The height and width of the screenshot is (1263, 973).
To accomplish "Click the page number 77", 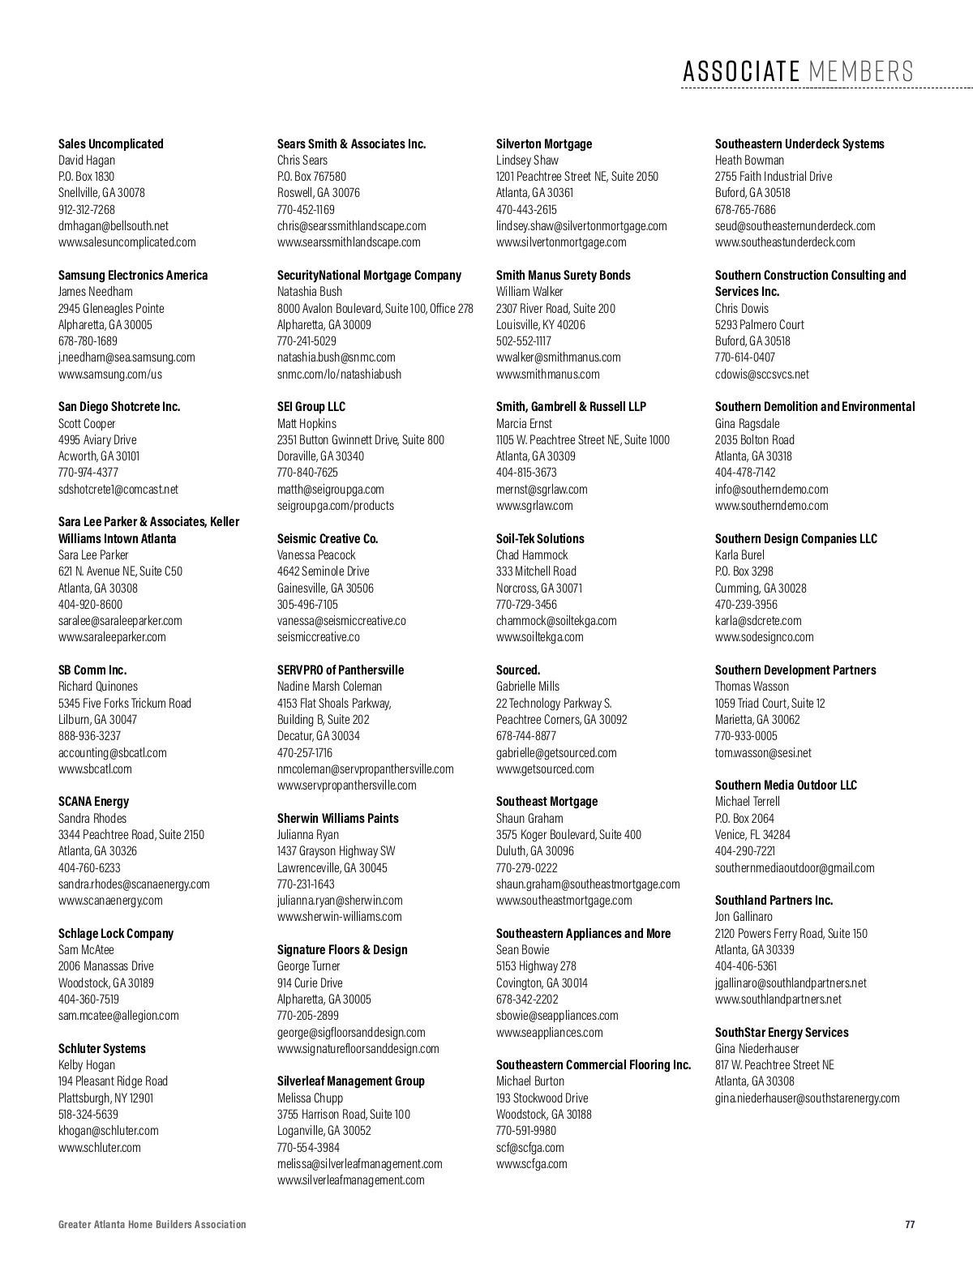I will (910, 1224).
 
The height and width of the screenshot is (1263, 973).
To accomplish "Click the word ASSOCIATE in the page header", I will (740, 71).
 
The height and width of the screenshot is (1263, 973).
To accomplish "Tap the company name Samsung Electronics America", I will (133, 275).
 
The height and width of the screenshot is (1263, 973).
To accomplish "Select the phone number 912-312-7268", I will (87, 209).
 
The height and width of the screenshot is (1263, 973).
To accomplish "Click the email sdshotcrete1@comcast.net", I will (118, 489).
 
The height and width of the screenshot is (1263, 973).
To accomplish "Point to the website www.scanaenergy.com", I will (110, 900).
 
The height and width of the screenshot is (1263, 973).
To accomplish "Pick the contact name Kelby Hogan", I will (87, 1064).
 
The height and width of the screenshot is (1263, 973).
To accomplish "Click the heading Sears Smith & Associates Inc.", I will (351, 143).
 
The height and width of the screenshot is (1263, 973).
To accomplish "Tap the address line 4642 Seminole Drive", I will (323, 571).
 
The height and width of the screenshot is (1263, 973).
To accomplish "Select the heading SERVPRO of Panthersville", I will (341, 670).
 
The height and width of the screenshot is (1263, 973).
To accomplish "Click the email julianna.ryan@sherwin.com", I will (340, 900).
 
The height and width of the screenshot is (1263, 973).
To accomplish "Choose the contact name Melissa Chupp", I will (310, 1098).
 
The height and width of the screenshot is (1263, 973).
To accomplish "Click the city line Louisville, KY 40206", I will (540, 324).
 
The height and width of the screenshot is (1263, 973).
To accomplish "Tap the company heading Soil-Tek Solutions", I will (540, 538).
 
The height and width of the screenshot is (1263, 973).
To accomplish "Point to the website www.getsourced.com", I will (545, 769).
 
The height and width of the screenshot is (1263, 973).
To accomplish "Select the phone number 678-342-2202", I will (527, 999).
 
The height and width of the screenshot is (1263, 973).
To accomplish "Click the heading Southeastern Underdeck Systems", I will (799, 143).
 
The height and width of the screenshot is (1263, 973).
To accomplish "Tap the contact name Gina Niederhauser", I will (757, 1048).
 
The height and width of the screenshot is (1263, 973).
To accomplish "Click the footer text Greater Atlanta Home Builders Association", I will (152, 1224).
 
